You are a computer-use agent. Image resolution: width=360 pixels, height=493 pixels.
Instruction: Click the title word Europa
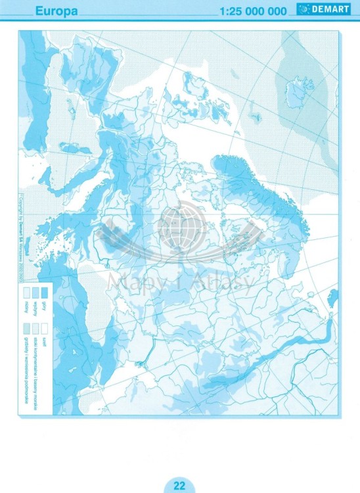tap(57, 11)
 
